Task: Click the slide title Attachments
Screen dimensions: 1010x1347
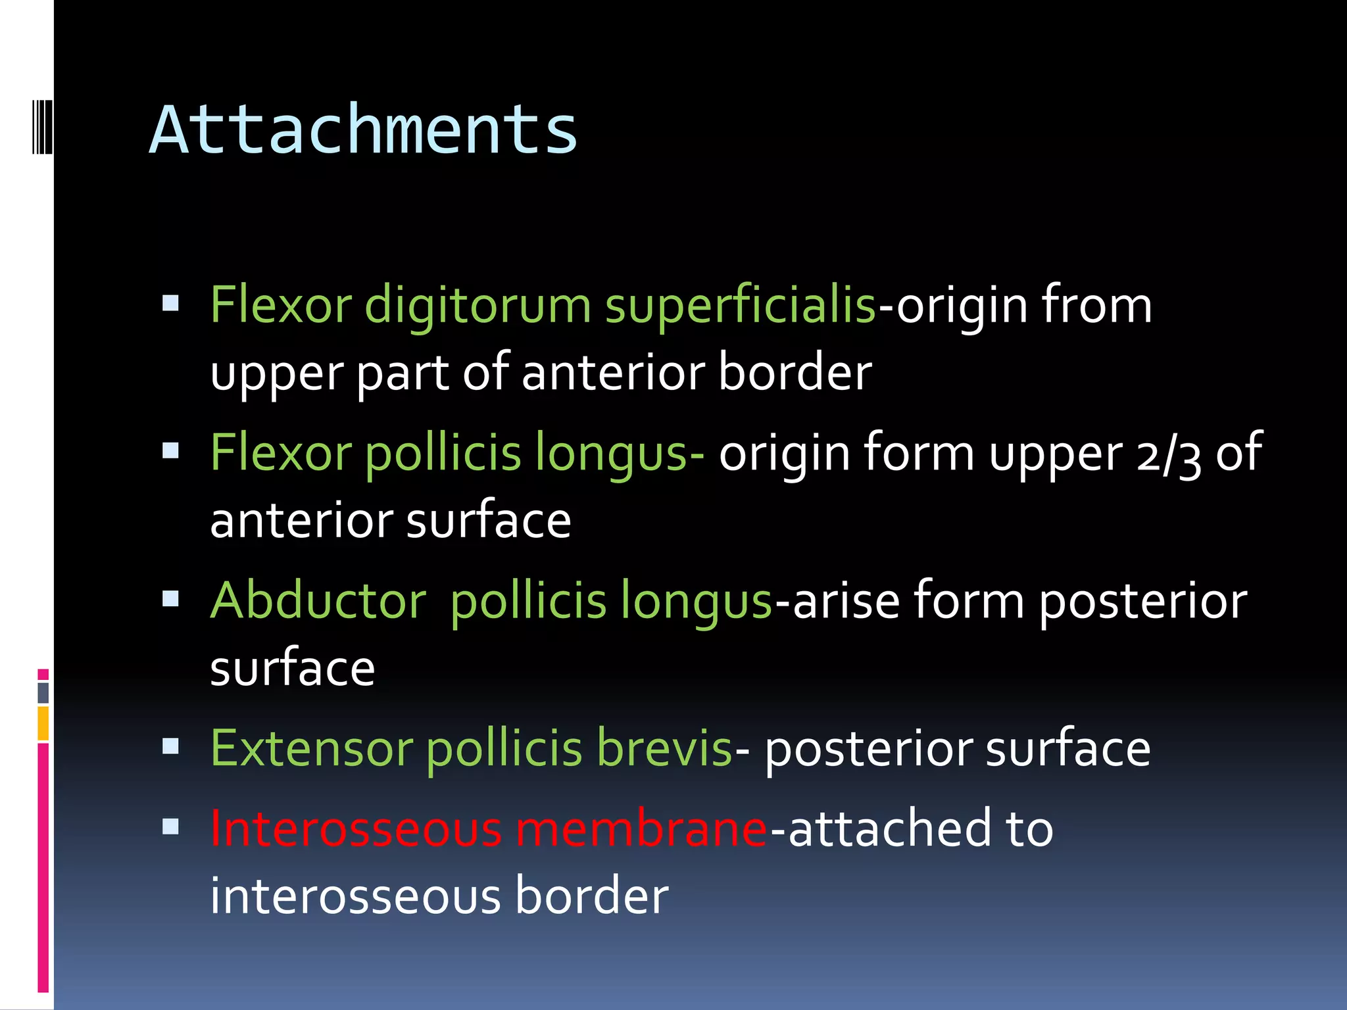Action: coord(363,130)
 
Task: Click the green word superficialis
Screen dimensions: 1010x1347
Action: coord(740,305)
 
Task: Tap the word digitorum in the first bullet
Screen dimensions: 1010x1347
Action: coord(478,305)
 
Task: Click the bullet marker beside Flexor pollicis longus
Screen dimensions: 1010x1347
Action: coord(170,450)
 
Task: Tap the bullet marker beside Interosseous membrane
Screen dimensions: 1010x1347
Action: coord(170,827)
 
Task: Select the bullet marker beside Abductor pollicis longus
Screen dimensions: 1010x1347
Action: coord(170,598)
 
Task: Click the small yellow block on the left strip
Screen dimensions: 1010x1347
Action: coord(43,723)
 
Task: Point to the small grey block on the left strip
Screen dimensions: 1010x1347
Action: coord(43,692)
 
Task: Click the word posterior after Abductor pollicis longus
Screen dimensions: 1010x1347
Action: coord(1142,602)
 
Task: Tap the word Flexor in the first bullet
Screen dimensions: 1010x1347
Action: coord(281,305)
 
